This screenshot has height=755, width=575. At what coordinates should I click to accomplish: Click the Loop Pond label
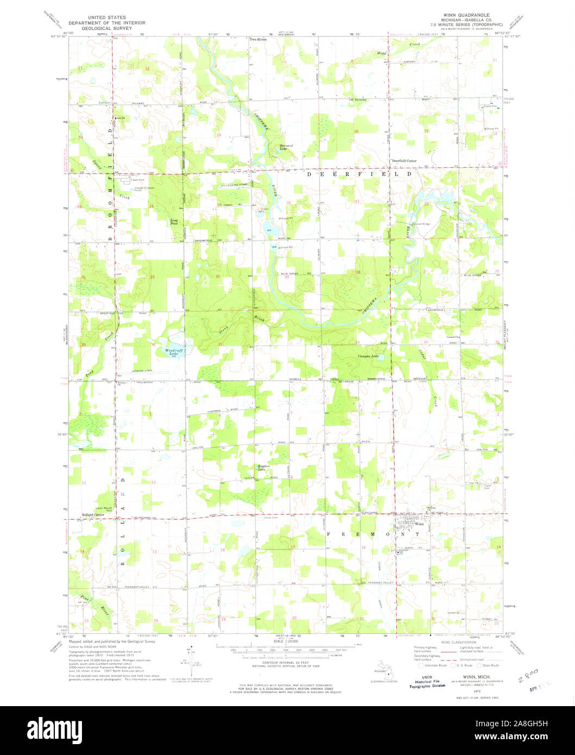pyautogui.click(x=174, y=222)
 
